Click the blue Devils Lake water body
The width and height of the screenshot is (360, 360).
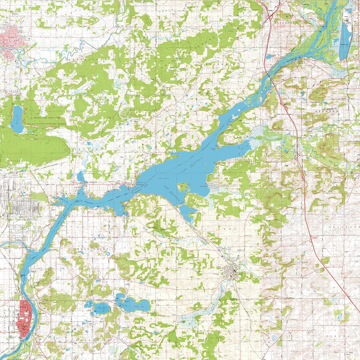17,119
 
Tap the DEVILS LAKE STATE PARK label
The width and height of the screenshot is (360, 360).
50,118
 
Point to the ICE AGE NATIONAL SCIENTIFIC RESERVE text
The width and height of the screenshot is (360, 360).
50,124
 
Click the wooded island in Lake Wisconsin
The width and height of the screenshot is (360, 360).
182,187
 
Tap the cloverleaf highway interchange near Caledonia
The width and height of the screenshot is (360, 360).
271,15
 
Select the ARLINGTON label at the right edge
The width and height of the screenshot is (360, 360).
347,226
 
